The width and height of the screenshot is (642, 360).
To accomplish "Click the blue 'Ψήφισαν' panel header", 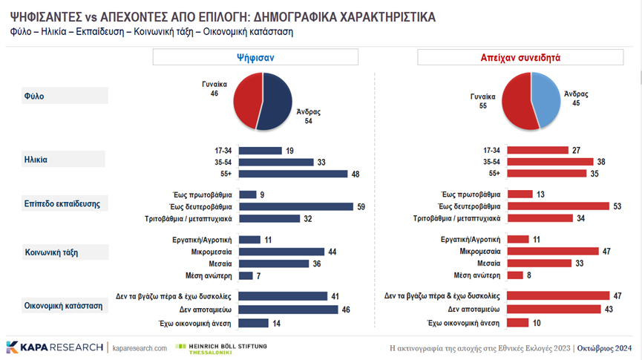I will (255, 57).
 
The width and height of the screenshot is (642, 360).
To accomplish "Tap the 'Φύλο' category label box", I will (65, 96).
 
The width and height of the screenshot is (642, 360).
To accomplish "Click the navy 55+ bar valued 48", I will (294, 174).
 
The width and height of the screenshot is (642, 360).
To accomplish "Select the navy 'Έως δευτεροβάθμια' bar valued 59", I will (297, 206).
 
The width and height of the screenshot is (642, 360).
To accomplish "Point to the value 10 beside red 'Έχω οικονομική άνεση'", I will (537, 323).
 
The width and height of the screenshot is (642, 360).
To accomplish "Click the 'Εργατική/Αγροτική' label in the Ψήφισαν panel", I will (202, 240).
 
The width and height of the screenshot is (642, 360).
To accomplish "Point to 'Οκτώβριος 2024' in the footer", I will (607, 347).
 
